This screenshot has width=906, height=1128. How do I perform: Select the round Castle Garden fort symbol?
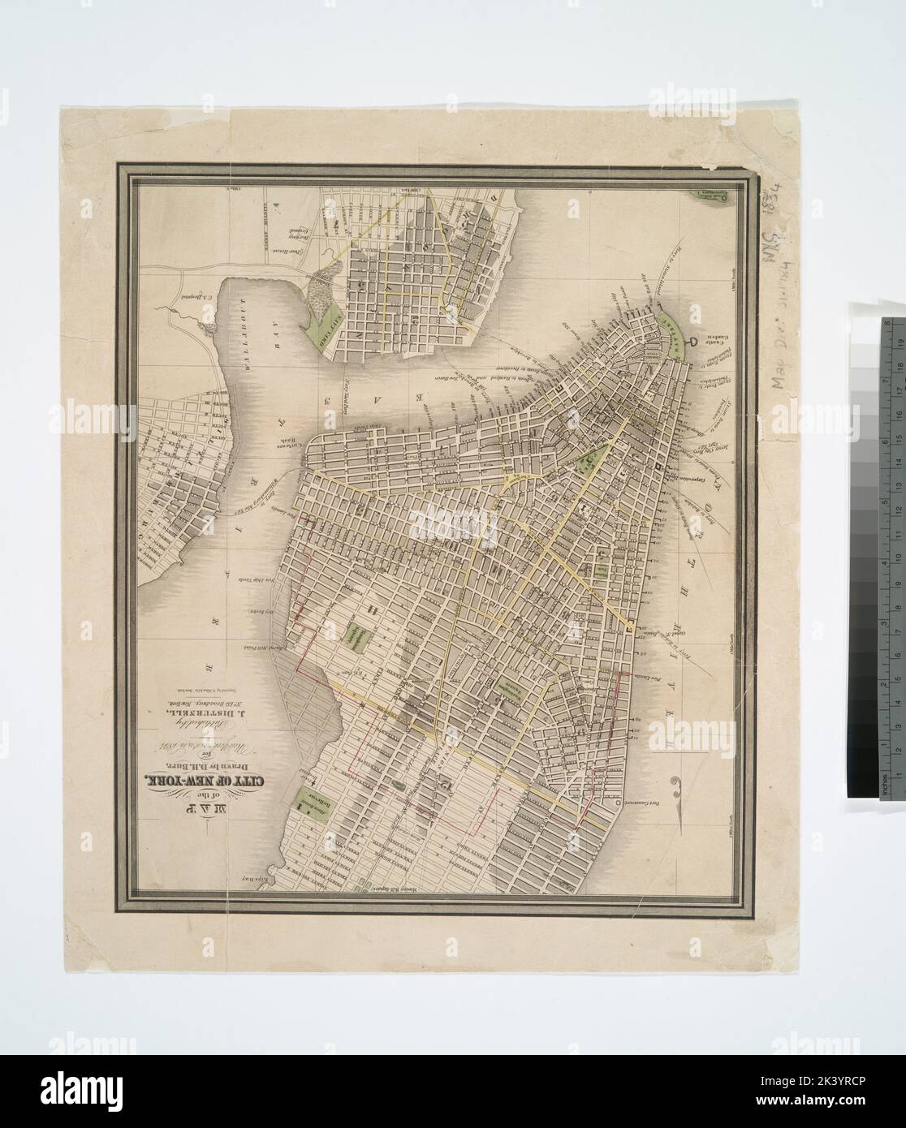click(692, 345)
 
